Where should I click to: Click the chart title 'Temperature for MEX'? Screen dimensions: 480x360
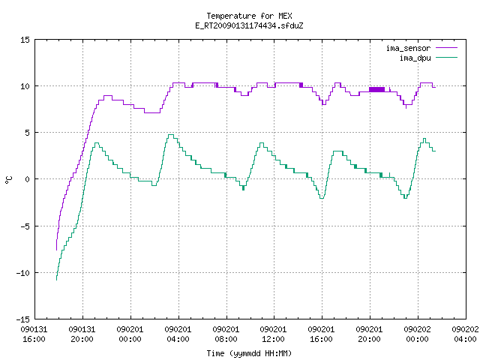click(249, 16)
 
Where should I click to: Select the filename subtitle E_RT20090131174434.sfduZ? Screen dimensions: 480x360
click(249, 25)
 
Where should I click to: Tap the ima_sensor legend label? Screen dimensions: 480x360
click(408, 48)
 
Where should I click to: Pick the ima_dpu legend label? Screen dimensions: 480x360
click(415, 58)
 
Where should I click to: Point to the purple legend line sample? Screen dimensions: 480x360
click(446, 48)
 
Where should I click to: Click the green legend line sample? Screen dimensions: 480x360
click(446, 58)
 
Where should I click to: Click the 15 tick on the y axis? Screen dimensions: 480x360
click(25, 40)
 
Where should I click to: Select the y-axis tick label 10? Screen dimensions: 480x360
click(25, 86)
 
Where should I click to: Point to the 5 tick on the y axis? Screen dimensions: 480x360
click(28, 133)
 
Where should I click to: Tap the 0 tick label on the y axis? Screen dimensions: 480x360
click(28, 179)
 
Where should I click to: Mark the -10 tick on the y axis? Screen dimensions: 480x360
click(22, 273)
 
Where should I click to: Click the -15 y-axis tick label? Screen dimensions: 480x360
click(22, 319)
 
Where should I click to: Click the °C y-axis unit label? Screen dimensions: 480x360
click(8, 180)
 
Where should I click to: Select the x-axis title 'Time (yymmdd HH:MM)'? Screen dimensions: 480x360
click(249, 353)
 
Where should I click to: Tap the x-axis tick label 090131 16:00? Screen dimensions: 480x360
click(34, 334)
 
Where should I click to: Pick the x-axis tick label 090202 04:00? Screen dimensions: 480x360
click(465, 334)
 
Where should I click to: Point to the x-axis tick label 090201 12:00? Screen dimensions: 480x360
click(273, 334)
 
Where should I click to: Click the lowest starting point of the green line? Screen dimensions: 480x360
click(57, 280)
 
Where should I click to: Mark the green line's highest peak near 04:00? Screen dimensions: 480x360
click(171, 135)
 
